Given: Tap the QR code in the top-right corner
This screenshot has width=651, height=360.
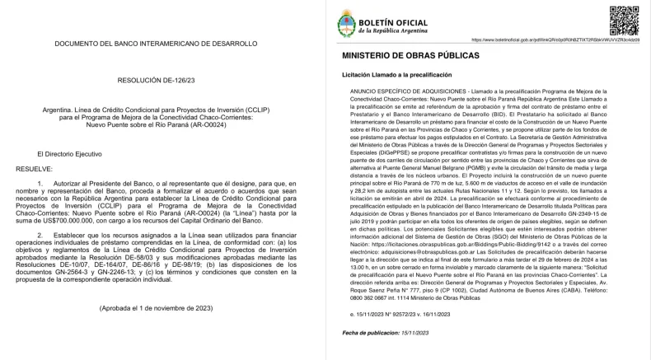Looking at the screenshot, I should (x=625, y=19).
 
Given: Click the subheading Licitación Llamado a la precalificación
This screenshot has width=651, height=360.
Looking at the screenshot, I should (x=400, y=74).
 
